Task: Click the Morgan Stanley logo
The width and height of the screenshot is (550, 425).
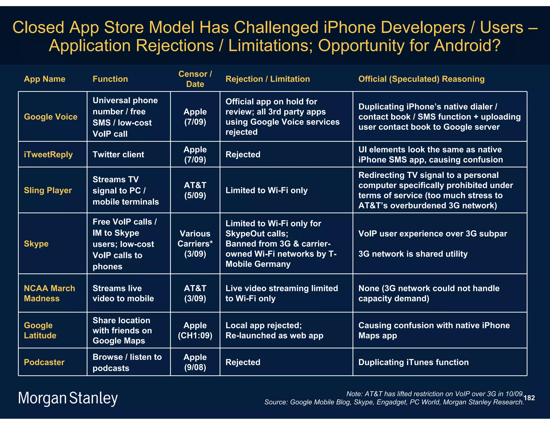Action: [x=68, y=398]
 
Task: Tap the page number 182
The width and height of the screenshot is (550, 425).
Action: [x=529, y=398]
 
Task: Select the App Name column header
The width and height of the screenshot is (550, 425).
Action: [x=45, y=79]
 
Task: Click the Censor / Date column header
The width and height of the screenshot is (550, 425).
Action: [x=195, y=79]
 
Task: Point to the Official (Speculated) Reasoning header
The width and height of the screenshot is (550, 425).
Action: [x=421, y=79]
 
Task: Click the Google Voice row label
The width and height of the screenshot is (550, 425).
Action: [x=50, y=117]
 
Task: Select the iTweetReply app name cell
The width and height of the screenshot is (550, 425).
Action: [x=48, y=154]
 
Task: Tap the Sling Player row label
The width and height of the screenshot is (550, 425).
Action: [x=48, y=190]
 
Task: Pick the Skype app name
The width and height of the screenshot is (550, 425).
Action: [x=36, y=244]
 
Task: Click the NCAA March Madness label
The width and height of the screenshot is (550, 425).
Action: [x=49, y=293]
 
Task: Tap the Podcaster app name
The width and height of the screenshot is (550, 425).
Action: [x=44, y=362]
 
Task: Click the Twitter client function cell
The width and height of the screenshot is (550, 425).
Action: [x=118, y=154]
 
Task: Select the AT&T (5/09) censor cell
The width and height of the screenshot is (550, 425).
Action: [x=195, y=190]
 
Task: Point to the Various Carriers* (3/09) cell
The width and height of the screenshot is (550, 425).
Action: [x=195, y=244]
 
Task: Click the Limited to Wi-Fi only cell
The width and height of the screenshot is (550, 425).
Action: [x=266, y=190]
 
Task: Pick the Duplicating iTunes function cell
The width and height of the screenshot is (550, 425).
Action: [x=413, y=362]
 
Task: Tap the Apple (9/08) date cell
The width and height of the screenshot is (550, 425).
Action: [x=195, y=362]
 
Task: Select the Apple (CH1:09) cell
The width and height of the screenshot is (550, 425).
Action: [x=195, y=330]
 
